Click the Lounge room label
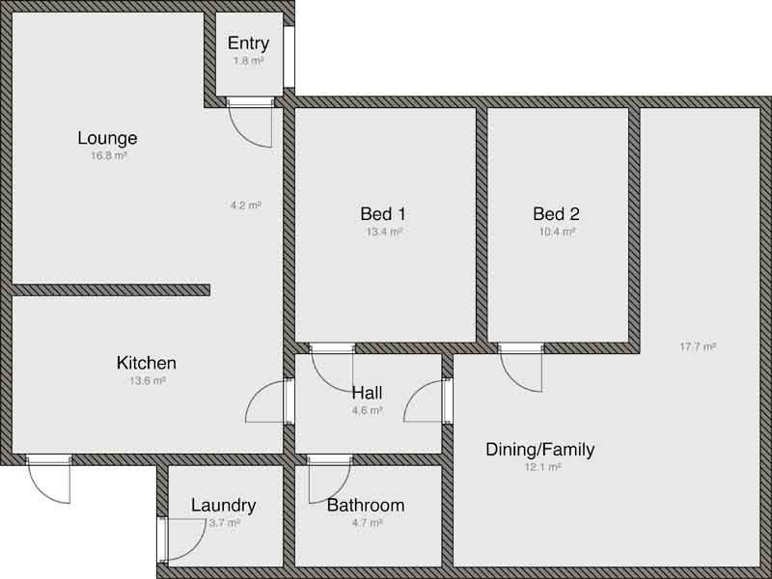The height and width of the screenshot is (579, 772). point(107,138)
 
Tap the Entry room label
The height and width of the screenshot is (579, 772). point(248,43)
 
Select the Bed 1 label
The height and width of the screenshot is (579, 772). point(383,214)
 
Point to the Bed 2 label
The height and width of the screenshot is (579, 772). point(556,214)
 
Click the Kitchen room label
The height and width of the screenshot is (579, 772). point(147,364)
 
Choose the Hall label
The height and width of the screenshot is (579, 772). point(367,393)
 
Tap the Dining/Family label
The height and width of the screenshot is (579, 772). point(539,450)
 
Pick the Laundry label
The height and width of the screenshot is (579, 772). point(223,506)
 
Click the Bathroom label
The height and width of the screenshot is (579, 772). point(366,506)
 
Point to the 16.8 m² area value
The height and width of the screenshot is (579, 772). point(108,155)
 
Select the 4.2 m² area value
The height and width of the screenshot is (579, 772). point(245,205)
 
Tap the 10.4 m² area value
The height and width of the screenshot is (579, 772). point(557,232)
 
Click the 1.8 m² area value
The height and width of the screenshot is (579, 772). point(248,60)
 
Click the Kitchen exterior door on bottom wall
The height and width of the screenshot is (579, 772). point(49,478)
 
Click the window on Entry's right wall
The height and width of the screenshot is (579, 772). point(289,57)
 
